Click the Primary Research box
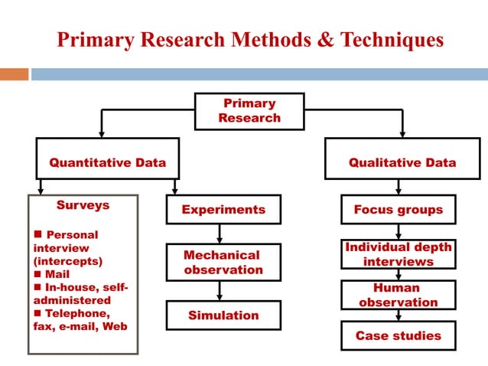[x=249, y=111]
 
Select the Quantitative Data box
[x=108, y=162]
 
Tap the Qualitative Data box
[x=402, y=162]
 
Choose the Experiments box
[x=223, y=209]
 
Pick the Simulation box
[x=223, y=315]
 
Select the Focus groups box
[x=398, y=209]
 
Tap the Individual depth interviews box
[x=398, y=254]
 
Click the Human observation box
[x=398, y=295]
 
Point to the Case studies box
[x=398, y=335]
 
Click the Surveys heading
[x=83, y=205]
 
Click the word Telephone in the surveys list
[x=77, y=313]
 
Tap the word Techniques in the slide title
[x=389, y=40]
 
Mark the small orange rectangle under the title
[x=14, y=74]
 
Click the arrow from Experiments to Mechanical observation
[x=220, y=234]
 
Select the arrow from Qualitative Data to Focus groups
[x=398, y=188]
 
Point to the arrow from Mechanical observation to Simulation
[x=220, y=290]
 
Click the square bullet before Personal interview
[x=38, y=235]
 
